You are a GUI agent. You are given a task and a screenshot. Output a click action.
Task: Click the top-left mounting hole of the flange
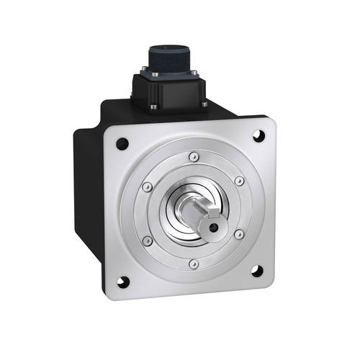pyautogui.click(x=121, y=143)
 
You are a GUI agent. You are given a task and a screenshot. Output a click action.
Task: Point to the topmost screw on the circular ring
pyautogui.click(x=192, y=156)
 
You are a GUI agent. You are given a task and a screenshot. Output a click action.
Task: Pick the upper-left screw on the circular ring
pyautogui.click(x=147, y=186)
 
